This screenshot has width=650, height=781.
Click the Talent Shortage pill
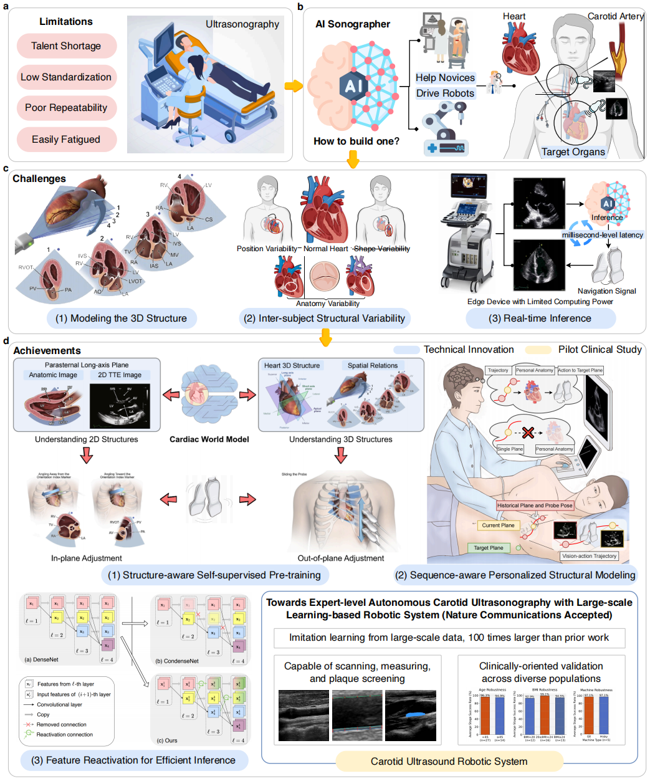click(66, 46)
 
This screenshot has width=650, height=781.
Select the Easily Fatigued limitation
click(66, 140)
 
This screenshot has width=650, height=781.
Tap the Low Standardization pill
click(66, 77)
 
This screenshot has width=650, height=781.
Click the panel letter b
click(300, 7)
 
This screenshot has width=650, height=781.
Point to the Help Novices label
click(445, 78)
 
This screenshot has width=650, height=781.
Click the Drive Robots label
click(445, 93)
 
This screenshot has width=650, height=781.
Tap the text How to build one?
click(356, 141)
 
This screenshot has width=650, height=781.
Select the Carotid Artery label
click(615, 16)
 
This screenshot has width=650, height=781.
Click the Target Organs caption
click(573, 152)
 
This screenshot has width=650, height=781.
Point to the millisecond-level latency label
click(603, 235)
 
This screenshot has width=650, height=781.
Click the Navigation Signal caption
click(606, 291)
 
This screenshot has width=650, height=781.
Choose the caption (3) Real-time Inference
click(540, 319)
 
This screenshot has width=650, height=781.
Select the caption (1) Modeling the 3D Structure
click(121, 319)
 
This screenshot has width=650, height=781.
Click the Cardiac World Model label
click(209, 439)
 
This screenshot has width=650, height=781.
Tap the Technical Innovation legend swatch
click(406, 350)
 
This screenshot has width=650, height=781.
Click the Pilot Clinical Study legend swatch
click(538, 350)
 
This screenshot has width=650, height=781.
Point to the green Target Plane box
click(489, 548)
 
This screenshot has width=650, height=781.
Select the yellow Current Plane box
click(498, 525)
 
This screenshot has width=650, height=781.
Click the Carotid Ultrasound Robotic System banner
click(449, 762)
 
